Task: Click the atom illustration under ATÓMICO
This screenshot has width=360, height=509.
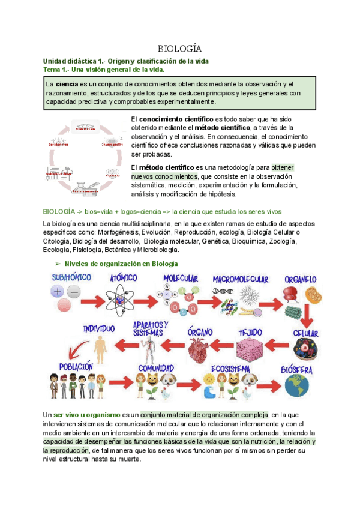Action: [124, 297]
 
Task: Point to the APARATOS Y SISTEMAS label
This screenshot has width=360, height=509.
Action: [152, 328]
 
